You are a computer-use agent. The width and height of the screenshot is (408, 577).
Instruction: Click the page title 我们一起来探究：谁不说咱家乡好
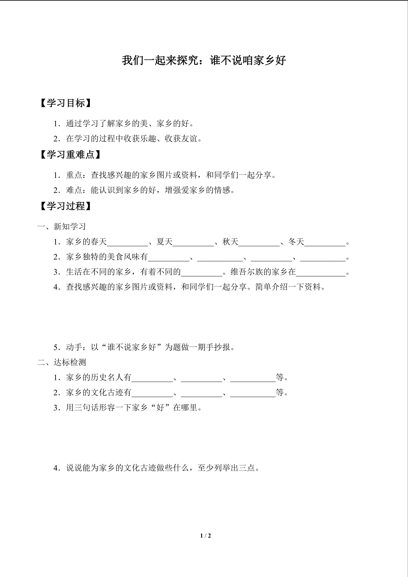[x=204, y=60]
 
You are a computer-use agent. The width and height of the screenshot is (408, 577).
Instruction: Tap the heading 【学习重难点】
[x=70, y=155]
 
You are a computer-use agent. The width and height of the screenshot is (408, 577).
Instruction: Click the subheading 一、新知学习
[x=62, y=227]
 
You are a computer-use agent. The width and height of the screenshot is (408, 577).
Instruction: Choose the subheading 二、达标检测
[x=62, y=362]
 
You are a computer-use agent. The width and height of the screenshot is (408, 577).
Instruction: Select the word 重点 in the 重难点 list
[x=74, y=175]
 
